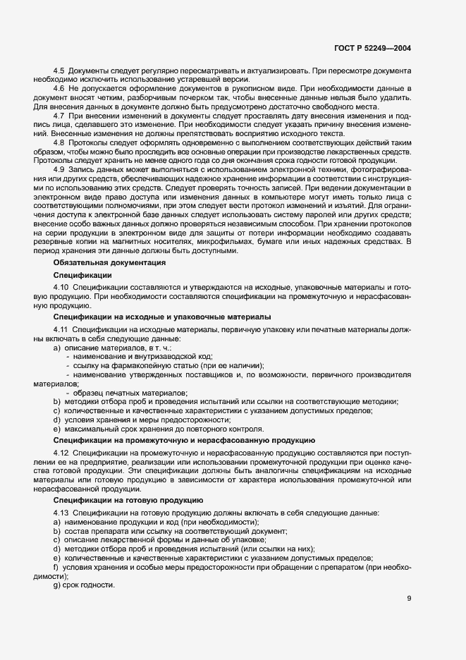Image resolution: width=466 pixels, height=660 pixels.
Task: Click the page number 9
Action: coord(409,598)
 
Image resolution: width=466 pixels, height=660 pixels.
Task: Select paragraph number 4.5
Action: coord(59,72)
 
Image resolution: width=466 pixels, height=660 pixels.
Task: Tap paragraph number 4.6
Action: coord(59,89)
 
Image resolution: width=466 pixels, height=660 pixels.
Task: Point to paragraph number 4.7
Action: coord(59,116)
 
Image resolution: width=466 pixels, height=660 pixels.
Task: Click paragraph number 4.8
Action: coord(59,142)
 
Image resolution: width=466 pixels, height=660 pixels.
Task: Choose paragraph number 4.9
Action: coord(59,170)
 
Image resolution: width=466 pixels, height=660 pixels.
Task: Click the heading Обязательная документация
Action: coord(109,262)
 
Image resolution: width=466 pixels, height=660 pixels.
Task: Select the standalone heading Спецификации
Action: coord(82,275)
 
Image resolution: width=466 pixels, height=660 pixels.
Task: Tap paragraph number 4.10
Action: coord(61,288)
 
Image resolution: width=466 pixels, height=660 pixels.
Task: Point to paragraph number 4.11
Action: coord(61,331)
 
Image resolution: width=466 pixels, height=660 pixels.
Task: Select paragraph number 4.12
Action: coord(61,452)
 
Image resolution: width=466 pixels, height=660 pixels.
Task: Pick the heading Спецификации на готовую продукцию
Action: coord(128,499)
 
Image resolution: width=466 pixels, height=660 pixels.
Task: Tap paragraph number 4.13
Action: coord(61,512)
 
